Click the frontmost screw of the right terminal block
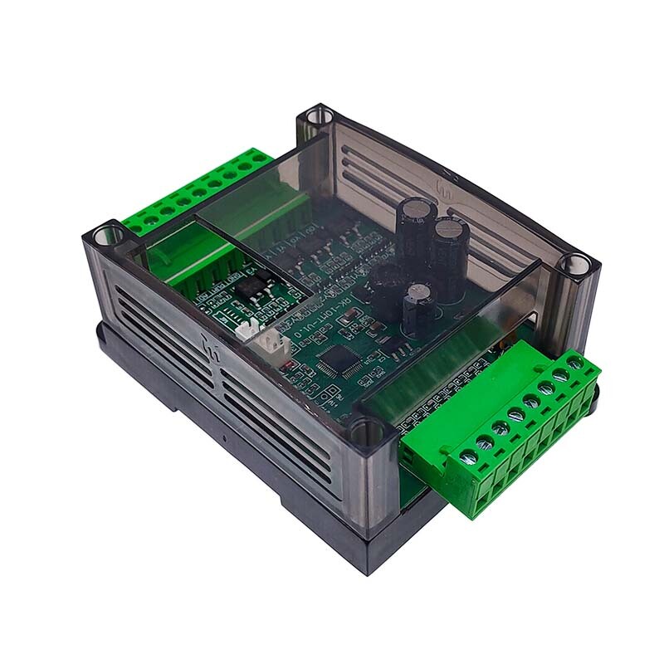(470, 456)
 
